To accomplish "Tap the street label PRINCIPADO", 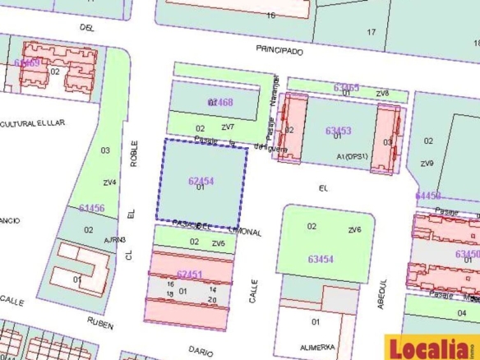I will (279, 51).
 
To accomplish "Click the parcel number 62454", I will (201, 180).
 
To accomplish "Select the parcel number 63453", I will (339, 131).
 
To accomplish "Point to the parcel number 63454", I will (321, 259).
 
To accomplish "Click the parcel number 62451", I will (190, 273).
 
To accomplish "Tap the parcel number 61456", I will (92, 209).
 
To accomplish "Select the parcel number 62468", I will (220, 103).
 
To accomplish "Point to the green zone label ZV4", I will (108, 182).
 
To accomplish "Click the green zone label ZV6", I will (355, 229).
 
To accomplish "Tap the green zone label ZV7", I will (228, 127).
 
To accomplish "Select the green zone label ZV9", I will (427, 164).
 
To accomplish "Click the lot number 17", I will (371, 32).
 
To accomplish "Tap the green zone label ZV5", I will (218, 243).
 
